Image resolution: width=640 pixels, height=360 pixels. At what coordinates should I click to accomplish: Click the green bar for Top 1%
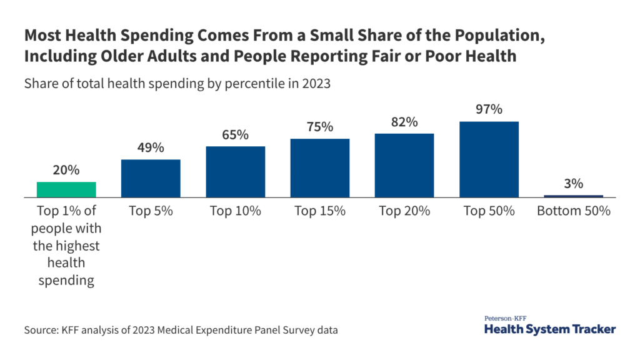click(x=66, y=189)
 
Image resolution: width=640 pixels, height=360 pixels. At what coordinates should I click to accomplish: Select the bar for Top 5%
click(x=151, y=178)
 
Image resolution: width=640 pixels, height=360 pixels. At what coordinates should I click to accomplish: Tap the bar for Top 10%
click(x=236, y=172)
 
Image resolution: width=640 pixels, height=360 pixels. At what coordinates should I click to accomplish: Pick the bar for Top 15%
click(x=320, y=167)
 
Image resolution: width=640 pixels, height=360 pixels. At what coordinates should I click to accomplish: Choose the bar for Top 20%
click(x=404, y=165)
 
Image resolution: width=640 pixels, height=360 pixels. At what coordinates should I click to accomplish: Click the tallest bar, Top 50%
click(x=489, y=159)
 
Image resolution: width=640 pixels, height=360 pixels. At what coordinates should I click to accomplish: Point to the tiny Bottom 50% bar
click(x=573, y=196)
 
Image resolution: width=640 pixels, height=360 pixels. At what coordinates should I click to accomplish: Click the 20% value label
click(x=66, y=170)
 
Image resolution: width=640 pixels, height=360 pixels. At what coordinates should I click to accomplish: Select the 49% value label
click(x=151, y=147)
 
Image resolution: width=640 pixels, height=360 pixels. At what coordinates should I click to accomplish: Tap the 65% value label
click(x=236, y=134)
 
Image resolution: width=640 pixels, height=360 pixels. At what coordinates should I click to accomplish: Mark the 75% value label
click(x=320, y=127)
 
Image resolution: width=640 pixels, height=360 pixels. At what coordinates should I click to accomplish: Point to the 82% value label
click(x=404, y=122)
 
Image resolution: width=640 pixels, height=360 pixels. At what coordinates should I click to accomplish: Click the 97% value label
click(x=489, y=109)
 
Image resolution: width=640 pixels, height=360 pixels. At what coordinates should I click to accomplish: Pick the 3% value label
click(x=573, y=183)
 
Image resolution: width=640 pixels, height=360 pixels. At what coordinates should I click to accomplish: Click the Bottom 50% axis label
click(x=573, y=211)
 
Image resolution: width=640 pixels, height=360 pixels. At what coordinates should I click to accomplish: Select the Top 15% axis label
click(x=320, y=211)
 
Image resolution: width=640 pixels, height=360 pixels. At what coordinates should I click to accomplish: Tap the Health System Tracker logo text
click(x=550, y=329)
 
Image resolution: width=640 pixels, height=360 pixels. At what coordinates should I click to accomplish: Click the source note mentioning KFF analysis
click(x=181, y=329)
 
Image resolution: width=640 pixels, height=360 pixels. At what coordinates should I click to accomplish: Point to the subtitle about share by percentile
click(x=177, y=84)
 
